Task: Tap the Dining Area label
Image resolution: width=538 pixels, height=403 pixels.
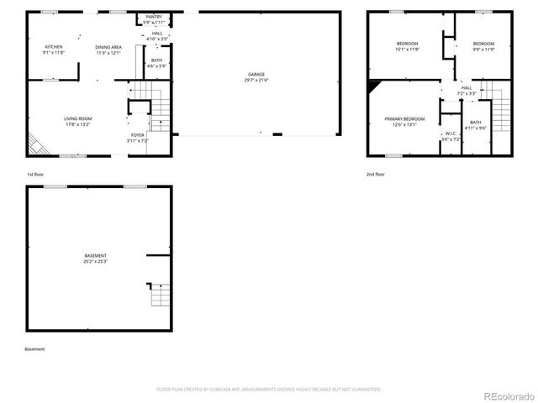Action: click(108, 50)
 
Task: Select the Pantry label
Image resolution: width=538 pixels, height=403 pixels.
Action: click(154, 19)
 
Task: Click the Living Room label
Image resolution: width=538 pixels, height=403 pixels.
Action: click(77, 121)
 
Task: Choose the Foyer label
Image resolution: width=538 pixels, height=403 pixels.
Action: click(138, 137)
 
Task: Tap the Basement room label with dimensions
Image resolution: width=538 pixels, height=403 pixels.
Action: click(96, 258)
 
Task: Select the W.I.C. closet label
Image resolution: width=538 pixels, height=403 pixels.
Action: click(451, 136)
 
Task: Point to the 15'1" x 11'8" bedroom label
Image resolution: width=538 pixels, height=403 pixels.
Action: click(408, 46)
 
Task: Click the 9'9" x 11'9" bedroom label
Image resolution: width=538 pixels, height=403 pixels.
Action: click(483, 46)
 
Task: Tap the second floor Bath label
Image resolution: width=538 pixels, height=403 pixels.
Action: click(476, 126)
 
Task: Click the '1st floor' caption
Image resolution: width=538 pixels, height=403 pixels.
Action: click(34, 175)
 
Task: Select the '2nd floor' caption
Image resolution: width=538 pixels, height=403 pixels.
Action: click(375, 175)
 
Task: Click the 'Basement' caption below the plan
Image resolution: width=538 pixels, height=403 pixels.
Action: click(34, 349)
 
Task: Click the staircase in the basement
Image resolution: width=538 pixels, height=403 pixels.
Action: click(156, 295)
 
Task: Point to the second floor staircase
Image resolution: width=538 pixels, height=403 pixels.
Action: click(500, 109)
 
